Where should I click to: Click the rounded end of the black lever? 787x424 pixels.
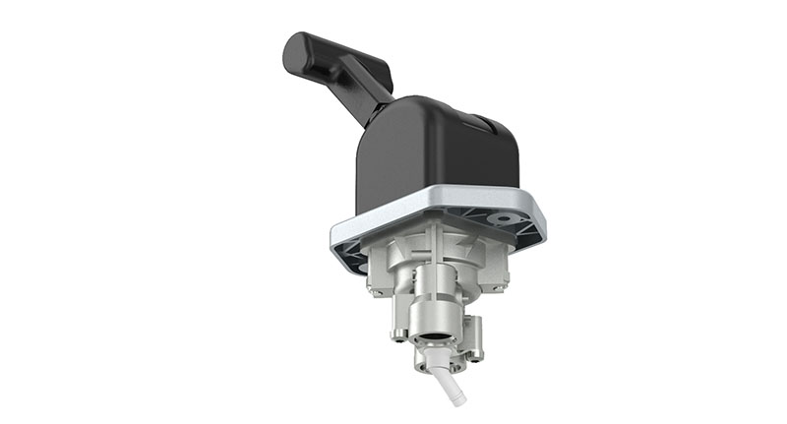294,51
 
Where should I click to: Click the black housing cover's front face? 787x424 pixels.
413,157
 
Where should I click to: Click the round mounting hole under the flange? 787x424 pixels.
506,218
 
